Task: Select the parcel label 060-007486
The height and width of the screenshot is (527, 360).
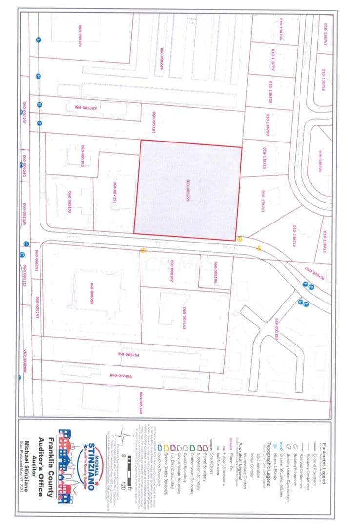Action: pos(120,375)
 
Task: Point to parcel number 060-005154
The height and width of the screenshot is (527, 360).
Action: pos(128,355)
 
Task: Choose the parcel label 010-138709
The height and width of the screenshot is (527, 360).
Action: pos(268,124)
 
